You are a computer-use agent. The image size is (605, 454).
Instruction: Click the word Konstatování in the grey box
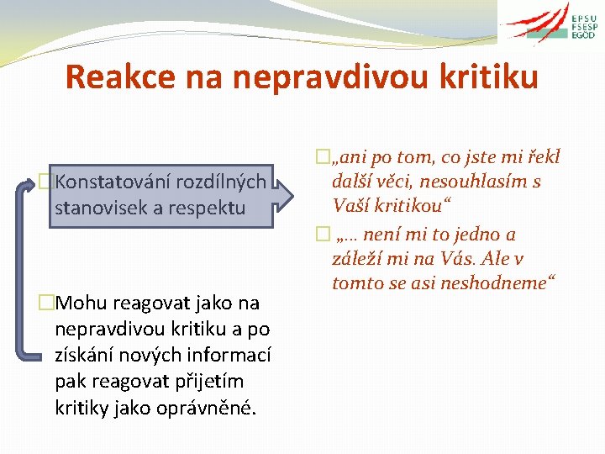click(x=110, y=182)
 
